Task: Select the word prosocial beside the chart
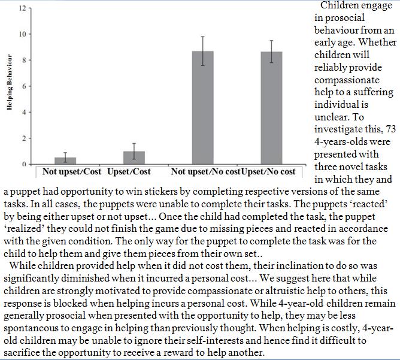tap(342, 18)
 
